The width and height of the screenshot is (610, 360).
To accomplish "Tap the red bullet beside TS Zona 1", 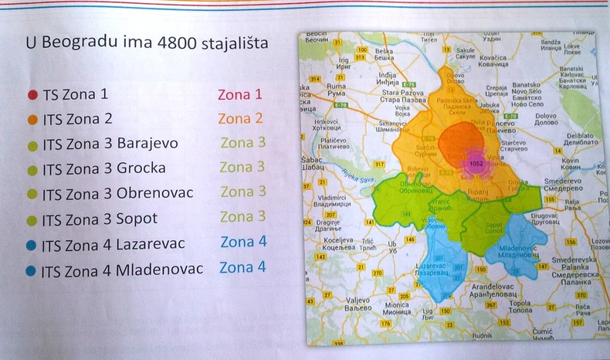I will [32, 95].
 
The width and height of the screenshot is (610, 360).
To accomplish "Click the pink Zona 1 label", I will [240, 94].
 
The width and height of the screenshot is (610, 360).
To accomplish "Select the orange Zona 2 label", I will [240, 118].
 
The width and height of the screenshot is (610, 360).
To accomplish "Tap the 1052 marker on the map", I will [476, 164].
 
